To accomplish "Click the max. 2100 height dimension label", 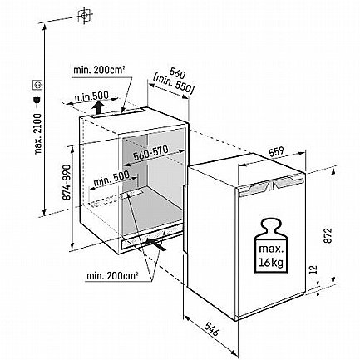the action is (x=38, y=134).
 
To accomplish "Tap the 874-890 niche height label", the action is (x=67, y=182).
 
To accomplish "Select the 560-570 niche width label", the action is (x=150, y=153).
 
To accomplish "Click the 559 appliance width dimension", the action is (x=276, y=151).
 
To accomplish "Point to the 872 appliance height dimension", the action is (x=328, y=235).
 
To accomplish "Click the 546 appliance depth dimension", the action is (x=212, y=328).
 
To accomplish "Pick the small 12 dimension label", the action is (x=313, y=269).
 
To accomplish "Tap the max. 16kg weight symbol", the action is (x=271, y=246).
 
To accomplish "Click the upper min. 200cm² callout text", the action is (x=99, y=70).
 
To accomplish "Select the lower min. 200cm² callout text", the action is (x=112, y=276).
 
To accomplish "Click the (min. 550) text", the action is (x=173, y=84).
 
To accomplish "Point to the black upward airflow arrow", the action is (x=98, y=107).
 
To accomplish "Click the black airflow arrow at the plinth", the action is (x=156, y=244).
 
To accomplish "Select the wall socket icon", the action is (x=37, y=85).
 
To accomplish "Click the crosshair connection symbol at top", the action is (x=84, y=16).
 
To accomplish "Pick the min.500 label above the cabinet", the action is (x=91, y=97).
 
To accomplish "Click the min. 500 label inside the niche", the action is (x=111, y=179).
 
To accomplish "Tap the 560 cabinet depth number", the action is (x=177, y=73).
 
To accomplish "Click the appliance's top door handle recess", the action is (x=271, y=186).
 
